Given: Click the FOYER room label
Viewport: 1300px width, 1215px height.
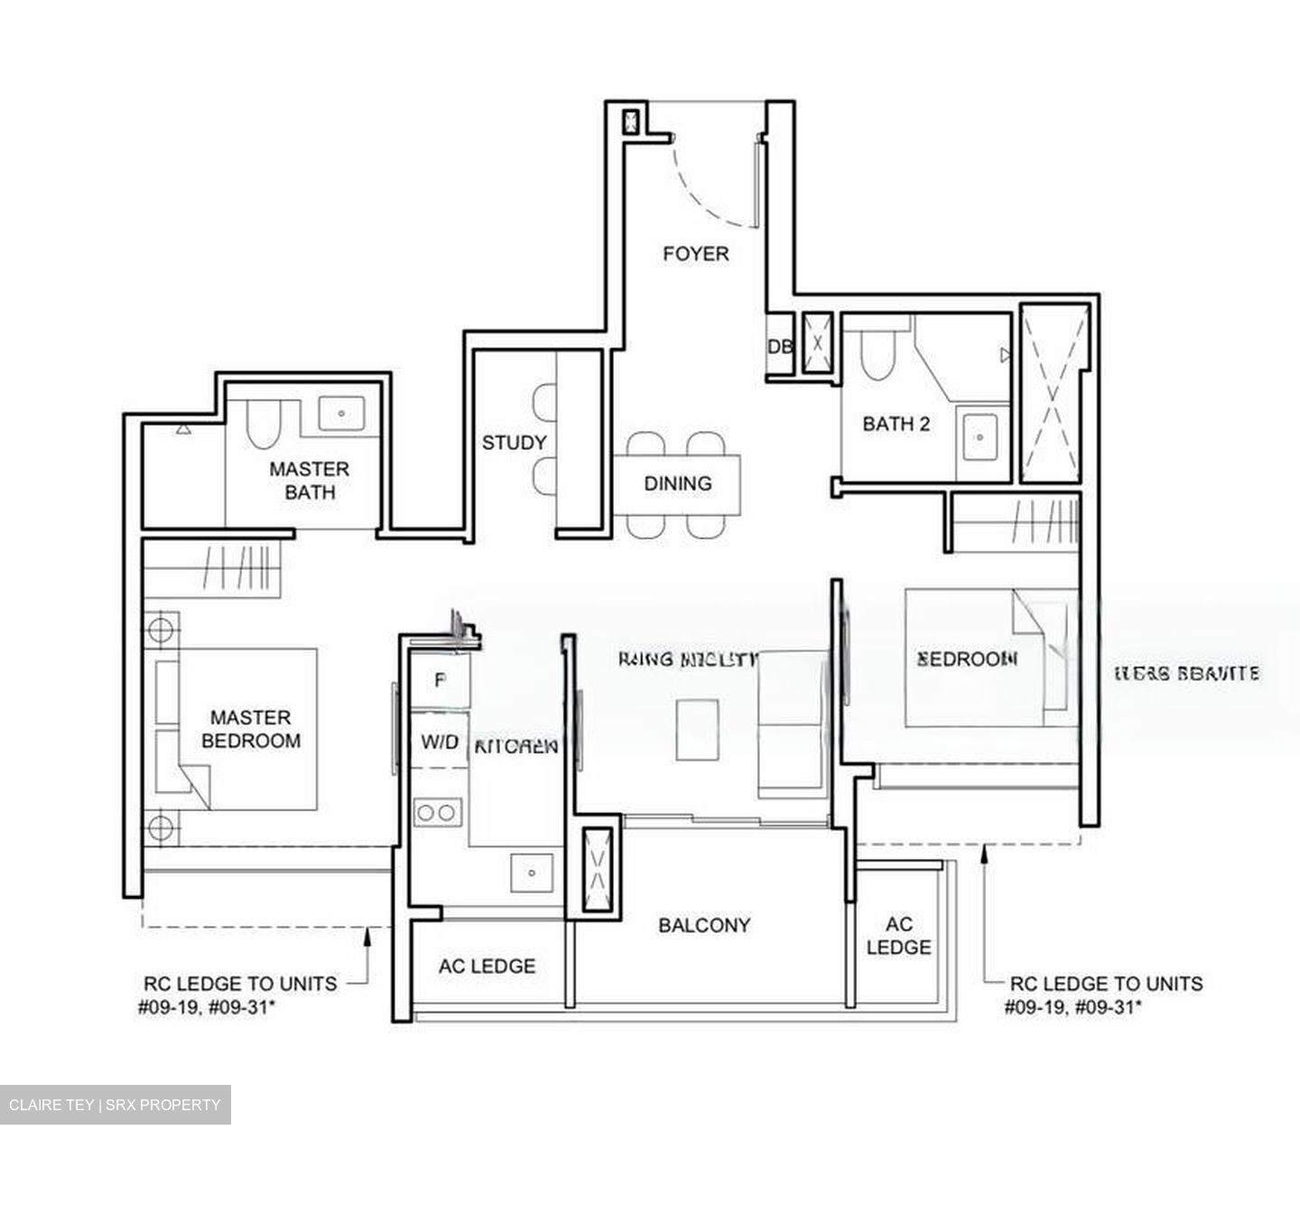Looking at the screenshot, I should point(695,254).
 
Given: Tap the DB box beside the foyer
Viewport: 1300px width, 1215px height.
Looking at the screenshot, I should point(779,347).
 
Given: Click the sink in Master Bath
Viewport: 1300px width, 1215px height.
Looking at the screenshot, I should point(341,414).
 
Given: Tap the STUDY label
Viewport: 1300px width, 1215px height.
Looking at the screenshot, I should point(514,443).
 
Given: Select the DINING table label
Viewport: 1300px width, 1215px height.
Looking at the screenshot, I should point(677,483).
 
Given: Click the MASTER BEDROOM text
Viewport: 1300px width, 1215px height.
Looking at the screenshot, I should point(251,729).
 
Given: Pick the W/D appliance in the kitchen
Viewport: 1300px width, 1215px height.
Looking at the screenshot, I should point(440,743).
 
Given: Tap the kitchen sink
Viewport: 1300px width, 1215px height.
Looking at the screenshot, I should point(533,873).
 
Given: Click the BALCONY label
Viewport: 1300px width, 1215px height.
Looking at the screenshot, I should point(704,925).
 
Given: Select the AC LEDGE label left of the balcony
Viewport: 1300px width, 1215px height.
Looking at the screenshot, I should point(487,967).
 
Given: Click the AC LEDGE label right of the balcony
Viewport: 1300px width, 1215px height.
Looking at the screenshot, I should point(898,936).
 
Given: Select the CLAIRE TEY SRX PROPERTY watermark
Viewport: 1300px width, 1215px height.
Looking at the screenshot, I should point(115,1105).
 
